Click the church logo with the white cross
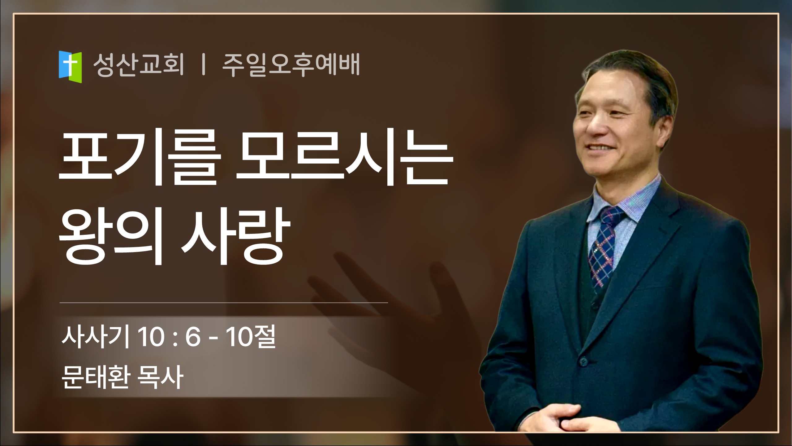click(x=70, y=67)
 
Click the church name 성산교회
click(x=139, y=65)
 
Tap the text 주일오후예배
click(x=291, y=65)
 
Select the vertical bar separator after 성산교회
click(x=203, y=65)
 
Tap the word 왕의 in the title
click(x=111, y=237)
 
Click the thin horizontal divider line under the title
click(x=224, y=303)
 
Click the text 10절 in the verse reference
click(x=251, y=337)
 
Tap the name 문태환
click(x=95, y=377)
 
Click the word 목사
click(x=161, y=377)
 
